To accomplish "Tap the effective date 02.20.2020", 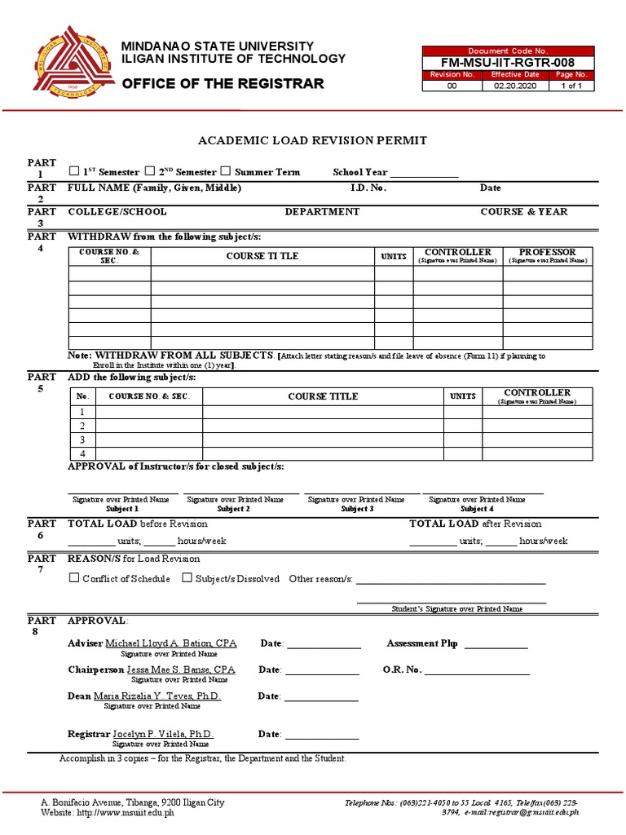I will pyautogui.click(x=516, y=86).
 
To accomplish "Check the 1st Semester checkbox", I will pyautogui.click(x=74, y=171).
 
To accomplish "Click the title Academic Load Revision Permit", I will pyautogui.click(x=312, y=140).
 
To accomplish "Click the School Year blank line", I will pyautogui.click(x=424, y=175).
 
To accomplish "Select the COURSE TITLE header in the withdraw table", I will pyautogui.click(x=262, y=256).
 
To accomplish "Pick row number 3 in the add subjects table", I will pyautogui.click(x=82, y=440).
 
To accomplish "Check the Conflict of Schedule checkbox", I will pyautogui.click(x=74, y=578).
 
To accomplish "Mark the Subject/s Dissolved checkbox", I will pyautogui.click(x=187, y=578).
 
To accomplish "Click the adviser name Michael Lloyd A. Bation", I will pyautogui.click(x=171, y=643).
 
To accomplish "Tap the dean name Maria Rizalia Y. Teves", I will pyautogui.click(x=157, y=696).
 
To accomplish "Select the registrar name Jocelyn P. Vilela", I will pyautogui.click(x=163, y=734).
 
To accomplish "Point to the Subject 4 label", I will pyautogui.click(x=477, y=509).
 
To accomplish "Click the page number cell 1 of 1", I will pyautogui.click(x=571, y=86).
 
